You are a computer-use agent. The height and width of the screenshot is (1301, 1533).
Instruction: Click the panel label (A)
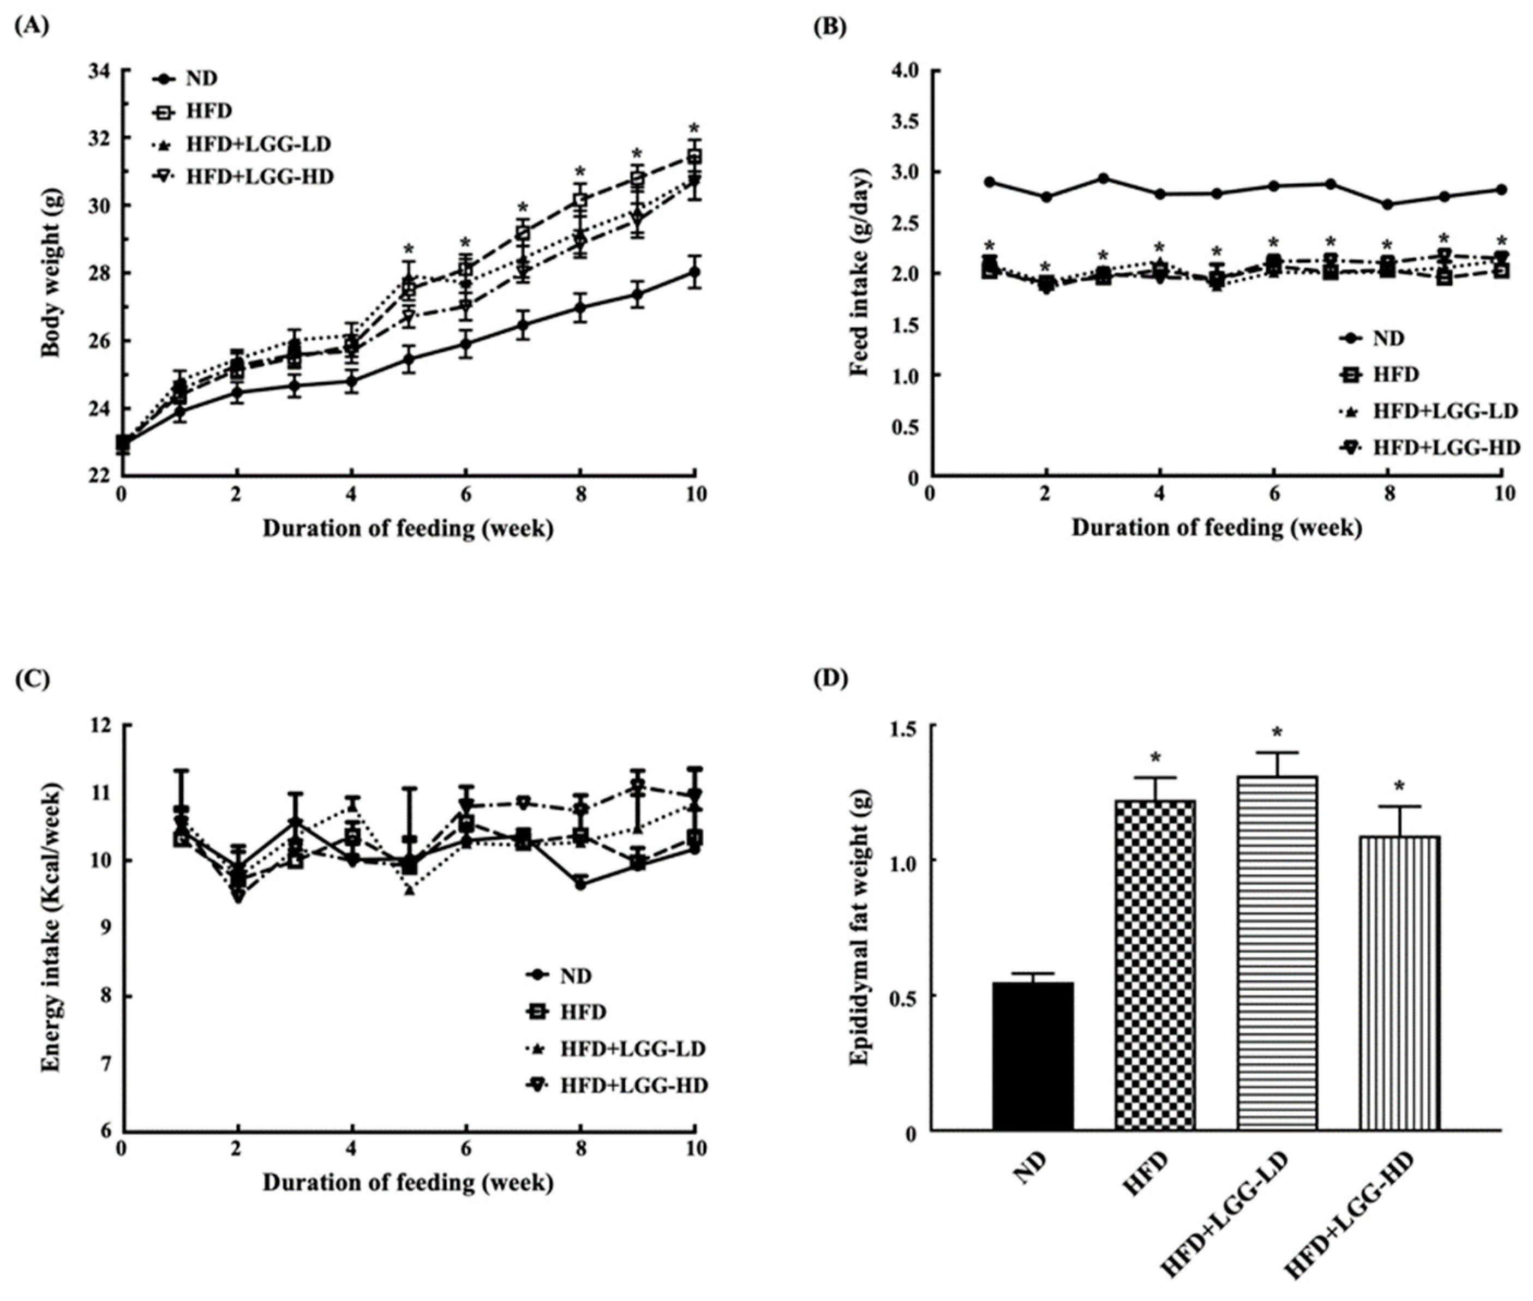tap(31, 27)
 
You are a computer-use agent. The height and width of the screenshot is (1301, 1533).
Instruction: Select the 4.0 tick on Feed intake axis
tap(902, 71)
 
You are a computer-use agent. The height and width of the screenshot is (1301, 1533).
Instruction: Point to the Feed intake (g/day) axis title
tap(859, 273)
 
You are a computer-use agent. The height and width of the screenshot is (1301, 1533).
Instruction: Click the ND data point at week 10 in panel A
tap(694, 272)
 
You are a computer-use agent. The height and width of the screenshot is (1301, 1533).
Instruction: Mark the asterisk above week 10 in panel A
tap(693, 127)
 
